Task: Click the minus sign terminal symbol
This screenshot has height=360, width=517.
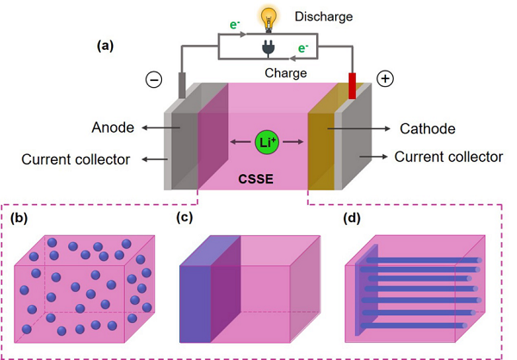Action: [153, 79]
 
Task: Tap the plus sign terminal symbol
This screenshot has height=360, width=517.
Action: [384, 78]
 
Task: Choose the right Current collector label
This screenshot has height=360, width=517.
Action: [447, 157]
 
